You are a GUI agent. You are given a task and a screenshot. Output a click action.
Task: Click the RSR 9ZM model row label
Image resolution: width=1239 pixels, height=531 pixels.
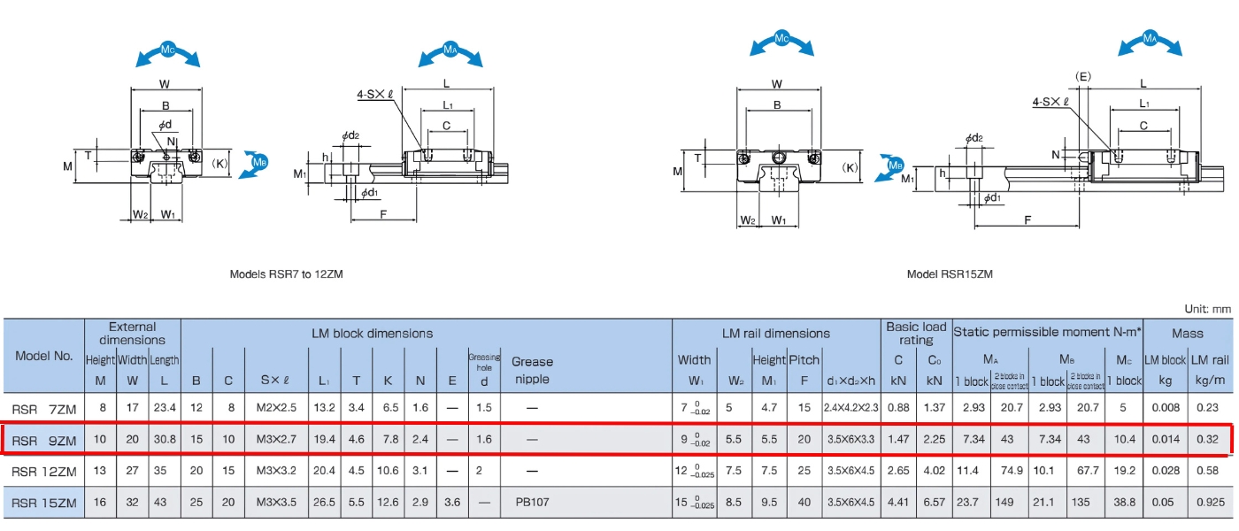[x=44, y=440]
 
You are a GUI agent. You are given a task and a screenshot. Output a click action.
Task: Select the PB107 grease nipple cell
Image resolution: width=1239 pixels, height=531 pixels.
[x=532, y=502]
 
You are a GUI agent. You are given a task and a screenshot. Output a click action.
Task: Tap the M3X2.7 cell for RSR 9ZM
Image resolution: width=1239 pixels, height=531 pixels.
[x=276, y=440]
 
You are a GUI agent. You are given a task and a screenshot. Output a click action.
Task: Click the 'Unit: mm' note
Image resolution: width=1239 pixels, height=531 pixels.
[x=1207, y=309]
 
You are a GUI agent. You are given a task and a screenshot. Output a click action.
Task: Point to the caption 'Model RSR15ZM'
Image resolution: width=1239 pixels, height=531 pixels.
[x=950, y=274]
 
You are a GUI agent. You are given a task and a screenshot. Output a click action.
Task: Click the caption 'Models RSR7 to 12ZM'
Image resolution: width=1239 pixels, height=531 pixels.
[x=286, y=274]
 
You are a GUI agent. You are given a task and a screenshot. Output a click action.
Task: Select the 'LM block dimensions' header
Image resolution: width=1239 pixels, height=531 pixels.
[x=372, y=334]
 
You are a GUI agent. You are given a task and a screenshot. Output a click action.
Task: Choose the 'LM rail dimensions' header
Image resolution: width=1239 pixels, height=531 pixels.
[x=775, y=334]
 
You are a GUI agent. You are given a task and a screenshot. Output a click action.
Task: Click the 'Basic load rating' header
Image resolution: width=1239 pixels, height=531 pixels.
[x=916, y=334]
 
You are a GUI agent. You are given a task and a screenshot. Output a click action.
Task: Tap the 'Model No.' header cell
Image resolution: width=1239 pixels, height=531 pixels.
[x=44, y=356]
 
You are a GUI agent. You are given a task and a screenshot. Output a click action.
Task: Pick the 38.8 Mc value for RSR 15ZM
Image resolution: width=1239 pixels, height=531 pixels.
[x=1125, y=502]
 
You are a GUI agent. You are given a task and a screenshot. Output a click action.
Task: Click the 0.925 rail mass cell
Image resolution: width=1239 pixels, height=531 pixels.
[x=1209, y=502]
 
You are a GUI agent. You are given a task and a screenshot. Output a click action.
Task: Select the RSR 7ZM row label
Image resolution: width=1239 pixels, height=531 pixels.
[x=44, y=408]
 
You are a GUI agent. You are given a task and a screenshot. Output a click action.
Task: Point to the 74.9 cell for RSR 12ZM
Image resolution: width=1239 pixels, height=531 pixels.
[x=1009, y=471]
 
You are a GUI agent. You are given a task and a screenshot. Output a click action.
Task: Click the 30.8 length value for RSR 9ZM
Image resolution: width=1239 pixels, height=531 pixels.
[x=164, y=440]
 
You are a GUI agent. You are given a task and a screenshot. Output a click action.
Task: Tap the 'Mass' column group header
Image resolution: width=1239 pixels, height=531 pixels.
[x=1187, y=334]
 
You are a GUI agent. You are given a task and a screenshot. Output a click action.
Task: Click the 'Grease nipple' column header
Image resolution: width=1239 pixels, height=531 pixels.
[x=532, y=370]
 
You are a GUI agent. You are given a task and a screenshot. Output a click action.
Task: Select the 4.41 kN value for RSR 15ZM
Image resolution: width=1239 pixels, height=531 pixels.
[x=898, y=502]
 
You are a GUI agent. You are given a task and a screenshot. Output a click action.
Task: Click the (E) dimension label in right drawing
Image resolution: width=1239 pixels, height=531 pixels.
[x=1082, y=76]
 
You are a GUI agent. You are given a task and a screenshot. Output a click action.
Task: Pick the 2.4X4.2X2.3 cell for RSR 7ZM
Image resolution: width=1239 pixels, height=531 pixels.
[x=850, y=408]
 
